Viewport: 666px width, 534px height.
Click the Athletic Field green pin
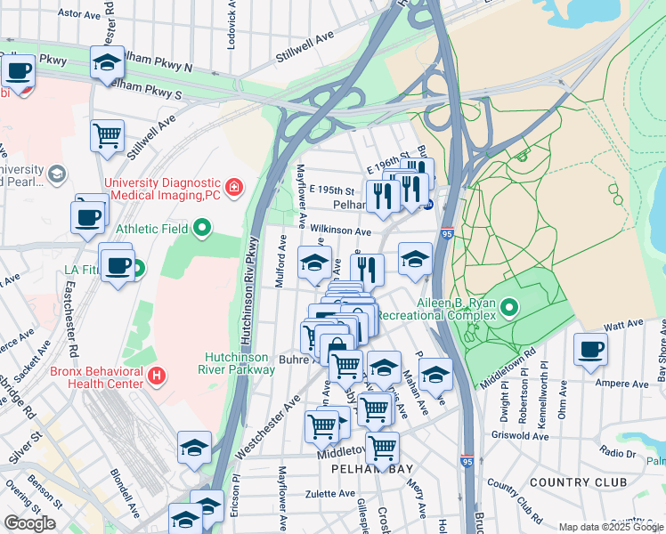click(x=202, y=229)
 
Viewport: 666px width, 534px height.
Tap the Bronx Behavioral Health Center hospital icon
click(x=158, y=376)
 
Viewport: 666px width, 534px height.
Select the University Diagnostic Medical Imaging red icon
click(x=233, y=187)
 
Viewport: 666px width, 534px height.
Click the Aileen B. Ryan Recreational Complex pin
click(x=509, y=308)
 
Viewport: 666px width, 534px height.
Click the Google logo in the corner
click(x=29, y=523)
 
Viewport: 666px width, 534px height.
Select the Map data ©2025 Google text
click(x=611, y=527)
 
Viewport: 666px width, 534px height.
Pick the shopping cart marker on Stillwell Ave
click(x=107, y=135)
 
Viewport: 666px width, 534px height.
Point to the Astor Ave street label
click(x=80, y=14)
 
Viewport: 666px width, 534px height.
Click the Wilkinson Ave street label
click(x=340, y=231)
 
